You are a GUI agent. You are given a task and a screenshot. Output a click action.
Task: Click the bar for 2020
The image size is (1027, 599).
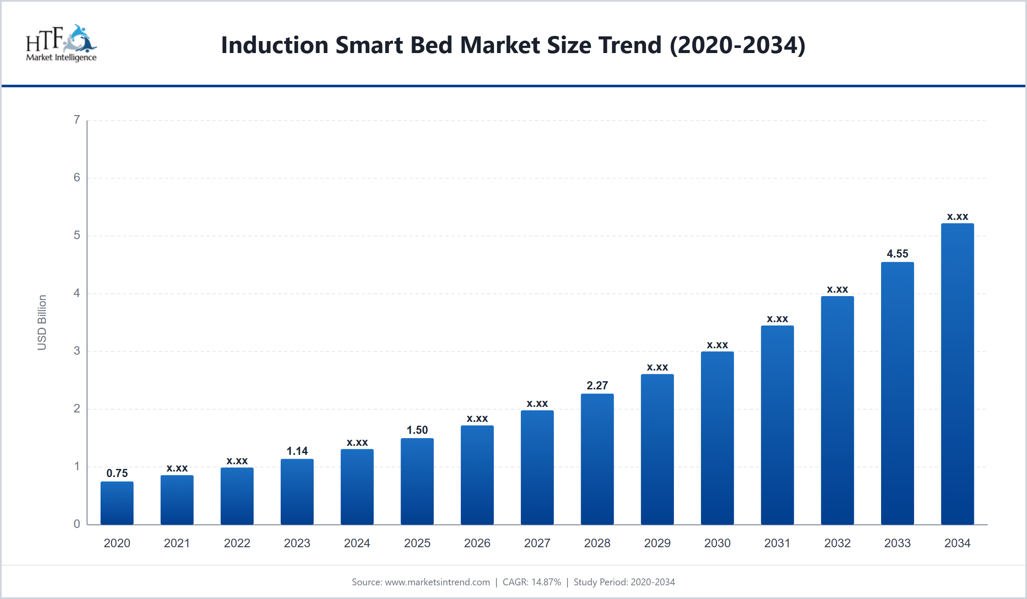(117, 503)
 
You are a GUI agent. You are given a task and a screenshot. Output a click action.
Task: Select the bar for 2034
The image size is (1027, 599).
(957, 374)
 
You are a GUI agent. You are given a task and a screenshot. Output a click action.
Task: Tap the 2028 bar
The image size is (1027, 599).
(597, 459)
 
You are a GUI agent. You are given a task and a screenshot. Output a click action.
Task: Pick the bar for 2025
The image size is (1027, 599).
(417, 481)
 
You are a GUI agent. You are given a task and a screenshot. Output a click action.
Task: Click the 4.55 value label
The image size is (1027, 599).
(897, 254)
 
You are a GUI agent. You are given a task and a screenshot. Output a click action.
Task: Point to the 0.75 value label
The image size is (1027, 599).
(117, 473)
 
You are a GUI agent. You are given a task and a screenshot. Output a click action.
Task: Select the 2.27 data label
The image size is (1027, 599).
(597, 385)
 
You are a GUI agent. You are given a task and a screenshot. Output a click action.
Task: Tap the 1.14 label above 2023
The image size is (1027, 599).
(297, 451)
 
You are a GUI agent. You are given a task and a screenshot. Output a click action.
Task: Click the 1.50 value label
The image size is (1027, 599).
(417, 430)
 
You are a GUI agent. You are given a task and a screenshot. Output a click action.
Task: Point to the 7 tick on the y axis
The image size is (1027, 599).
(77, 120)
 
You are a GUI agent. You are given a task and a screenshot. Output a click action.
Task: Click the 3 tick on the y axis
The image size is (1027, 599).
(77, 351)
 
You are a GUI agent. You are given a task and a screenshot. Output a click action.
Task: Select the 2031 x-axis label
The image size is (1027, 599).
(777, 543)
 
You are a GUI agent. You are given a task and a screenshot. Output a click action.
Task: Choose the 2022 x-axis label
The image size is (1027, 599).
(237, 543)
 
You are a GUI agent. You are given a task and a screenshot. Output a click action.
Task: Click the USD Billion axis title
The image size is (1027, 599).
(42, 323)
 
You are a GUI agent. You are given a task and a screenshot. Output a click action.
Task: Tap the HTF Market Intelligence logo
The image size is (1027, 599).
(61, 43)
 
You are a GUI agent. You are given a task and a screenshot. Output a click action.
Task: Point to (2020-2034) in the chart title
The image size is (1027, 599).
(738, 45)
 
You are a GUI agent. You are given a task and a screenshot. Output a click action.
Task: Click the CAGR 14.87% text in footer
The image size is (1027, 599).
(531, 582)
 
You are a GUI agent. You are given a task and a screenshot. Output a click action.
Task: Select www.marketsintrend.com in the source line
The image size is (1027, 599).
(437, 582)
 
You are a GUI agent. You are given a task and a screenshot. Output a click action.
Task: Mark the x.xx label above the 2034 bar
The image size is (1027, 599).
(957, 216)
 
